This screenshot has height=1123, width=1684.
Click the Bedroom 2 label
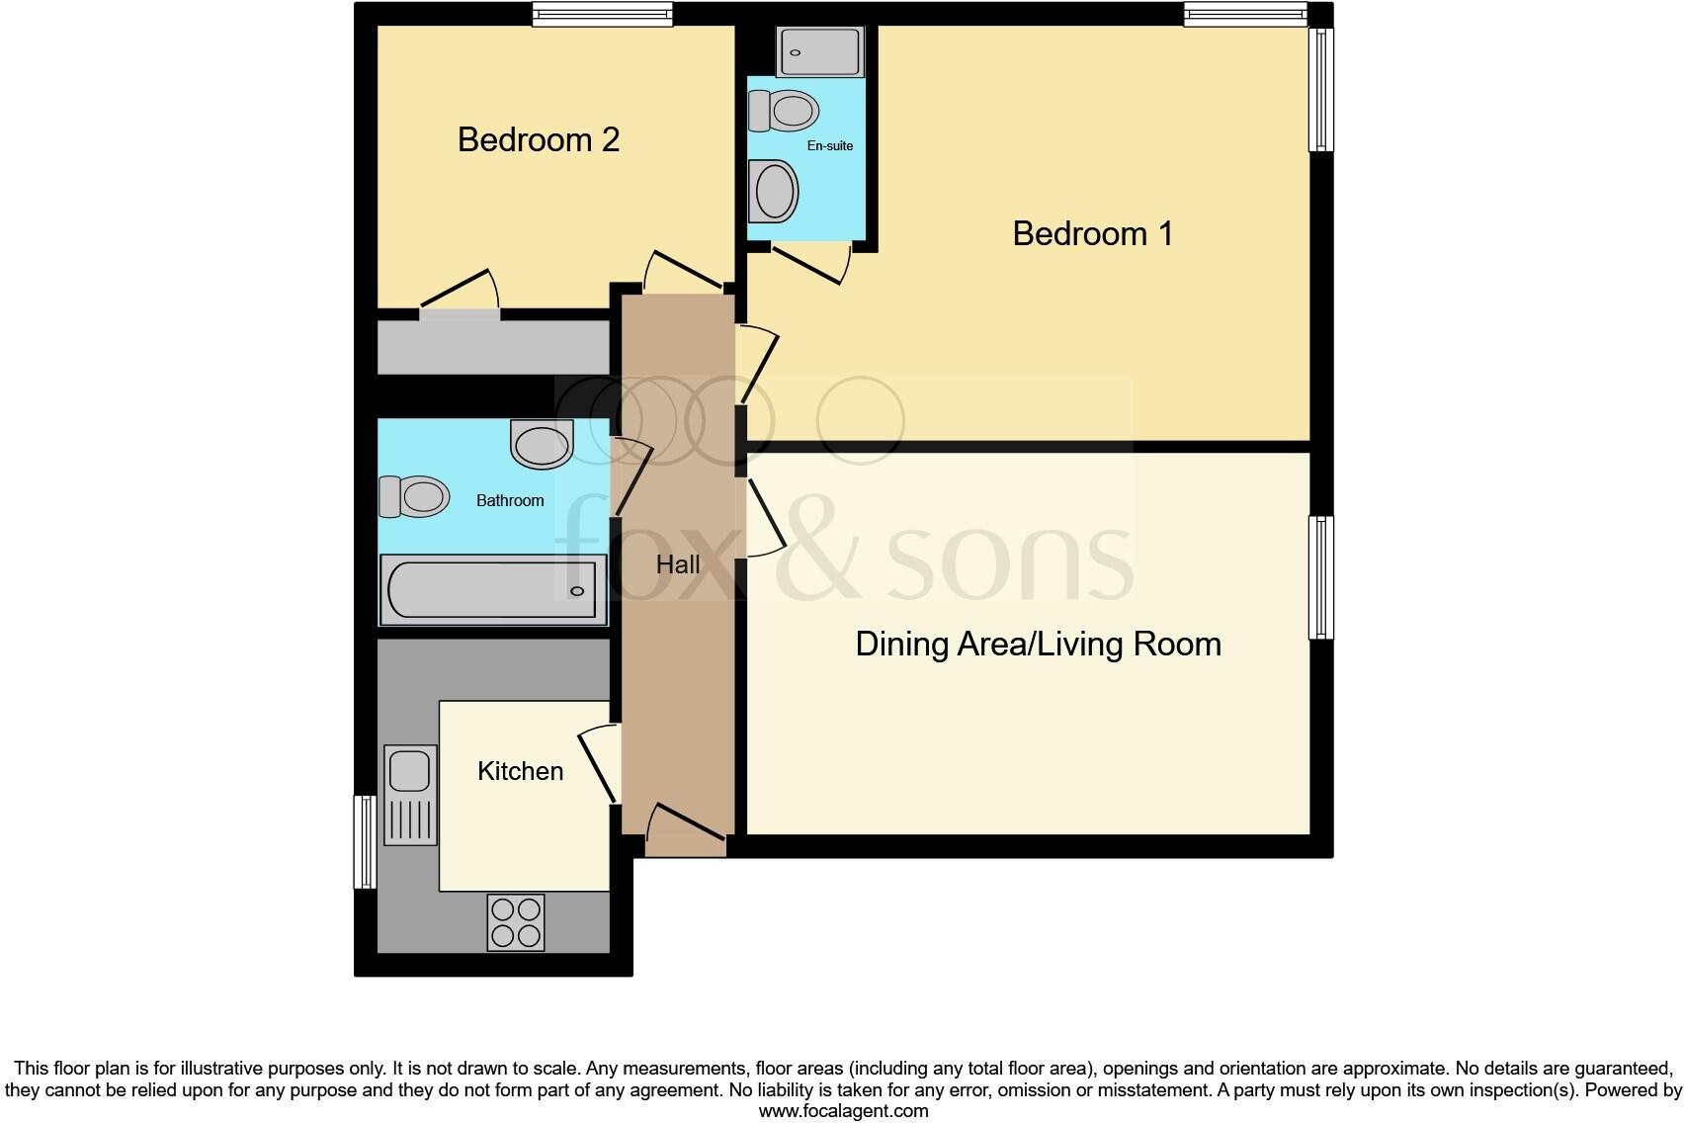[x=539, y=139]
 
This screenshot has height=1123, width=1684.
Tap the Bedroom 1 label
[x=1092, y=233]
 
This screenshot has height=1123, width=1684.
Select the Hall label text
[x=678, y=564]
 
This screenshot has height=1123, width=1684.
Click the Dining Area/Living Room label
[x=1038, y=644]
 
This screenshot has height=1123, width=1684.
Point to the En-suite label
[x=829, y=145]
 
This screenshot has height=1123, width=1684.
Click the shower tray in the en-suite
[x=820, y=51]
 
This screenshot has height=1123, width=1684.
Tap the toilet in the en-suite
[x=784, y=111]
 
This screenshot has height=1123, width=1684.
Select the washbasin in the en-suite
[x=774, y=191]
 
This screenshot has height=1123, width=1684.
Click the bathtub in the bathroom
[x=492, y=590]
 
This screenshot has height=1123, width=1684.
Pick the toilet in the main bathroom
[x=414, y=496]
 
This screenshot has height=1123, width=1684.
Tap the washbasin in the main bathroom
[x=542, y=444]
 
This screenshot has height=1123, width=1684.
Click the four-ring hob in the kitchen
[x=516, y=921]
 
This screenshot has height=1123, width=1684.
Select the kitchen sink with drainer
[x=410, y=794]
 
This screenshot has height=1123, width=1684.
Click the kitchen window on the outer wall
[x=365, y=841]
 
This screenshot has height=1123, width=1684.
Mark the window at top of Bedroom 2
[x=602, y=14]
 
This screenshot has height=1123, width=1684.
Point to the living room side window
[x=1320, y=577]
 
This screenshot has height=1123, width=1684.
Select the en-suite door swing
[x=810, y=263]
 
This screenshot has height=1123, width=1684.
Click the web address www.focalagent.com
[x=843, y=1111]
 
